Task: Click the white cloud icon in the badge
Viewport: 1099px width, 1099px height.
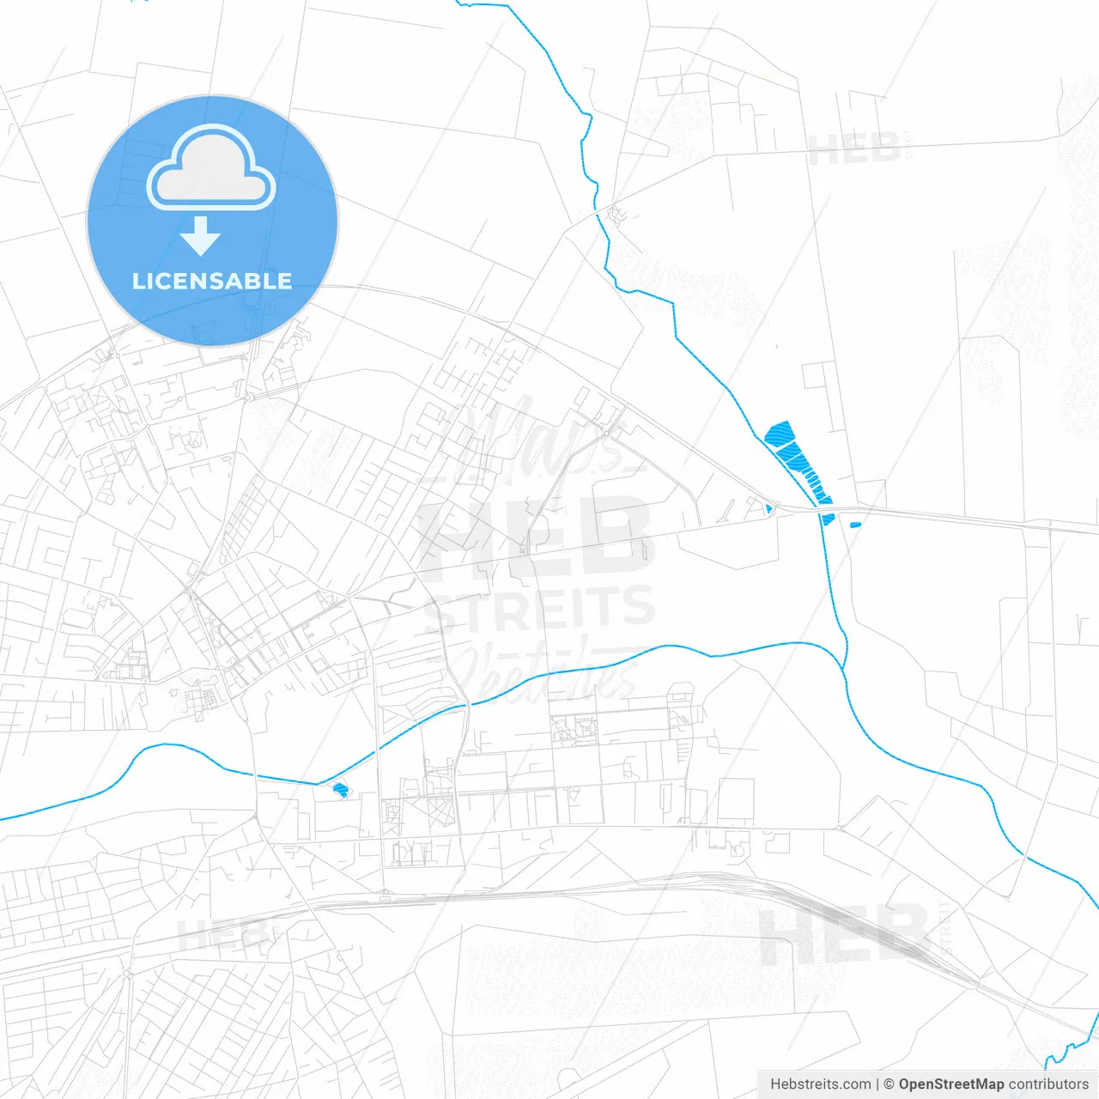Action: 211,169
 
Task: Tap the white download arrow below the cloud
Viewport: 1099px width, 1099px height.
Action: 200,236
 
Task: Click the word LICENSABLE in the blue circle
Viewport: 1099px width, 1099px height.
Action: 212,281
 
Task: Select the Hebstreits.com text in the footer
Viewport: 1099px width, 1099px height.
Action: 820,1084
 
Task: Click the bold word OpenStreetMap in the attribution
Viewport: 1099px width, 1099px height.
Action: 950,1084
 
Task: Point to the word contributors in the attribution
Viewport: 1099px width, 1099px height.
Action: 1047,1084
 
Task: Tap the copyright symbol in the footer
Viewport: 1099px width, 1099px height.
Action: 890,1084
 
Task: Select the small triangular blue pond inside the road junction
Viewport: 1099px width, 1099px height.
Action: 768,509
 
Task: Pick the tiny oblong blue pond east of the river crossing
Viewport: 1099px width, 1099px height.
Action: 854,524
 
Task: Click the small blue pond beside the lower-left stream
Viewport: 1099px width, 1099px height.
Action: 341,789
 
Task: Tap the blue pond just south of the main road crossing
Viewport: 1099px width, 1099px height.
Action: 828,519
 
